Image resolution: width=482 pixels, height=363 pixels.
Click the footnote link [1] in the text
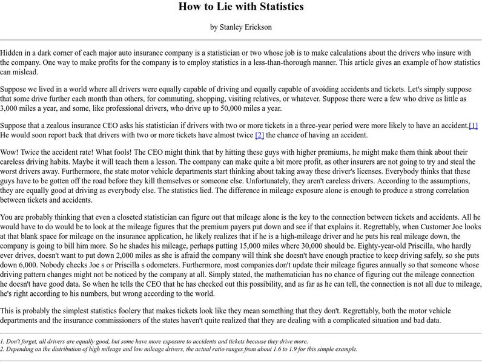473,125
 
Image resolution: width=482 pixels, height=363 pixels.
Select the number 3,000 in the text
15,108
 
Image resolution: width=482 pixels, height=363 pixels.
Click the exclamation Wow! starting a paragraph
11,149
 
